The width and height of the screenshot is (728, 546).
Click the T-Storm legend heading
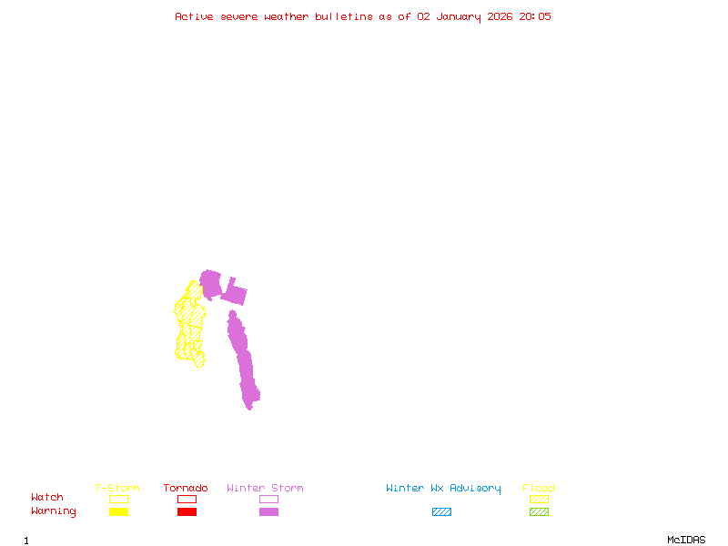click(x=117, y=489)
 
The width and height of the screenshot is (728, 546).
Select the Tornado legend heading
click(x=186, y=489)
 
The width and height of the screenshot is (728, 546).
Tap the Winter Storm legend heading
click(x=265, y=489)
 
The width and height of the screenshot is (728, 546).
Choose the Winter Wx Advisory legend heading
click(x=443, y=489)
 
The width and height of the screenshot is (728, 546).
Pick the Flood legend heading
click(x=539, y=489)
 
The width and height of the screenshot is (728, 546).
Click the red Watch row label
click(x=47, y=498)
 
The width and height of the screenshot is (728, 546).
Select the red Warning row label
click(x=54, y=511)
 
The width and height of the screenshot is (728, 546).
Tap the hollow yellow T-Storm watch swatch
click(x=118, y=499)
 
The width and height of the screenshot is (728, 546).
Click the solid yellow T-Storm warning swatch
click(x=118, y=511)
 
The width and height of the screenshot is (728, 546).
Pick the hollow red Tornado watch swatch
click(x=187, y=499)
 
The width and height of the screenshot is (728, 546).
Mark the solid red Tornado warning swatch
click(x=187, y=511)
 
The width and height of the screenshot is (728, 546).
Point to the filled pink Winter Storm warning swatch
click(x=268, y=511)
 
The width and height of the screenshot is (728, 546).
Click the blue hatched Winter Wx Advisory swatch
click(x=441, y=511)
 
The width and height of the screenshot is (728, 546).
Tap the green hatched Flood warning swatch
click(x=539, y=511)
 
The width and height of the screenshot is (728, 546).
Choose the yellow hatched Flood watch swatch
click(x=539, y=499)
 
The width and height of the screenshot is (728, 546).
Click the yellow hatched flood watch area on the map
click(x=190, y=323)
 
